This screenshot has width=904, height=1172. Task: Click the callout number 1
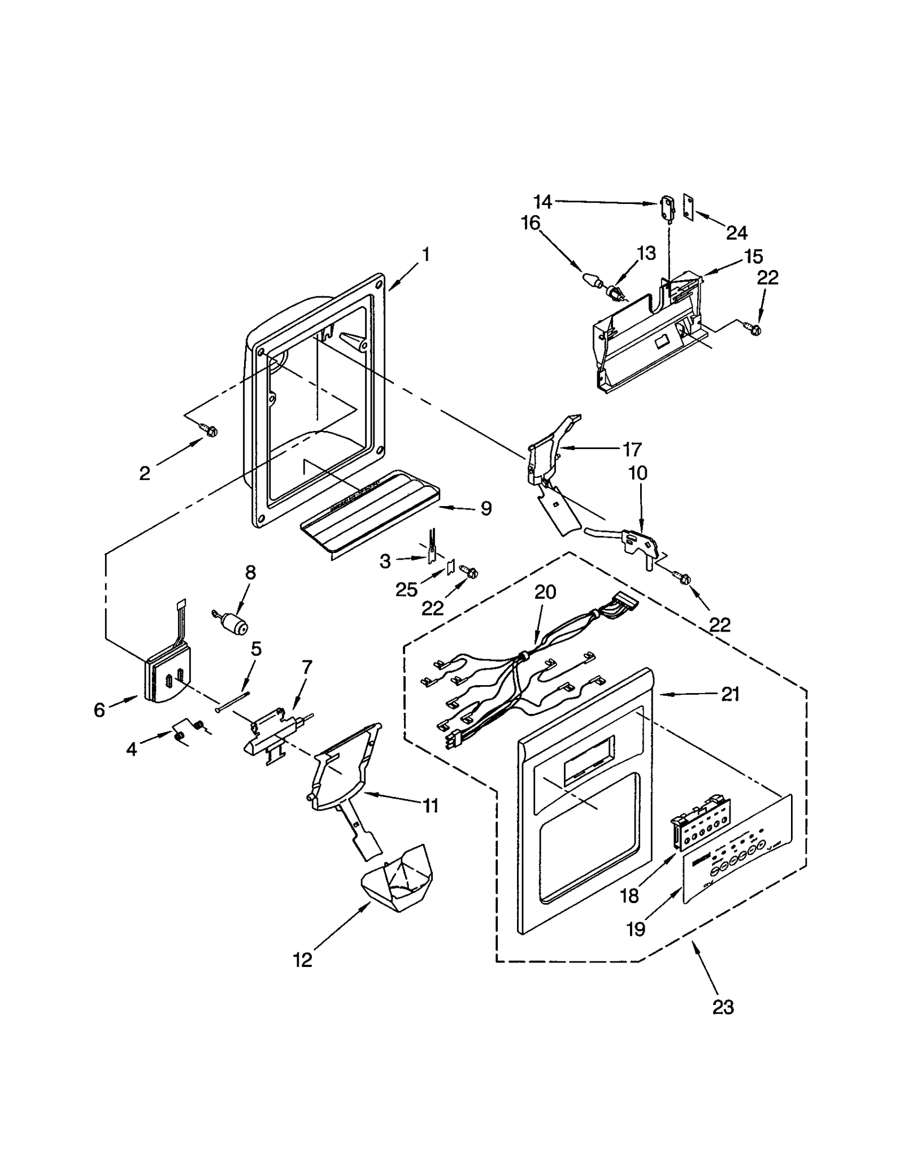point(426,255)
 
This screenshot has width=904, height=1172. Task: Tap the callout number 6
point(99,710)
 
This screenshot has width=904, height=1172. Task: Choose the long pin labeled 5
point(232,700)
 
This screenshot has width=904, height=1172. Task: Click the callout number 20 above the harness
point(545,592)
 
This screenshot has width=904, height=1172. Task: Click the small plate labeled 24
point(688,207)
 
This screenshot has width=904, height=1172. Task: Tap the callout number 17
point(632,449)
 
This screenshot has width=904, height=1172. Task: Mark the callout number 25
point(406,590)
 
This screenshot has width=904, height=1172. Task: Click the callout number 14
point(542,202)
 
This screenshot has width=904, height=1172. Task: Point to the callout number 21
point(730,694)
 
